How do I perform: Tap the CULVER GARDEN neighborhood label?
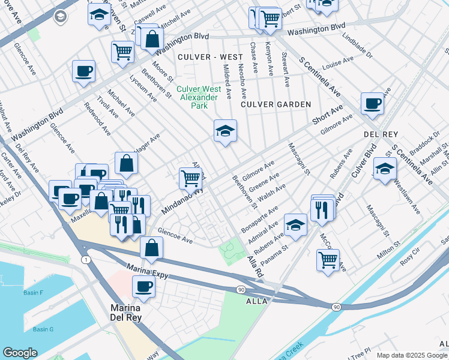pyautogui.click(x=276, y=104)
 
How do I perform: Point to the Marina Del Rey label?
pyautogui.click(x=125, y=313)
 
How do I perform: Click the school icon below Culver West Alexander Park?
pyautogui.click(x=225, y=131)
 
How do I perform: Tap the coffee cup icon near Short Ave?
pyautogui.click(x=372, y=103)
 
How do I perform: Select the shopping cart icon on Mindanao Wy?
pyautogui.click(x=190, y=177)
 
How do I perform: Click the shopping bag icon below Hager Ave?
pyautogui.click(x=127, y=162)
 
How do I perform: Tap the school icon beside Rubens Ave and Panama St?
pyautogui.click(x=295, y=224)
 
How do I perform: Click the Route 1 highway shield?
pyautogui.click(x=86, y=259)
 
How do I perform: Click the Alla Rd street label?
pyautogui.click(x=256, y=267)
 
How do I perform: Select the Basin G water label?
pyautogui.click(x=43, y=329)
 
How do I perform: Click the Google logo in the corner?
pyautogui.click(x=20, y=353)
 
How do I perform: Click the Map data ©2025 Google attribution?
pyautogui.click(x=412, y=355)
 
